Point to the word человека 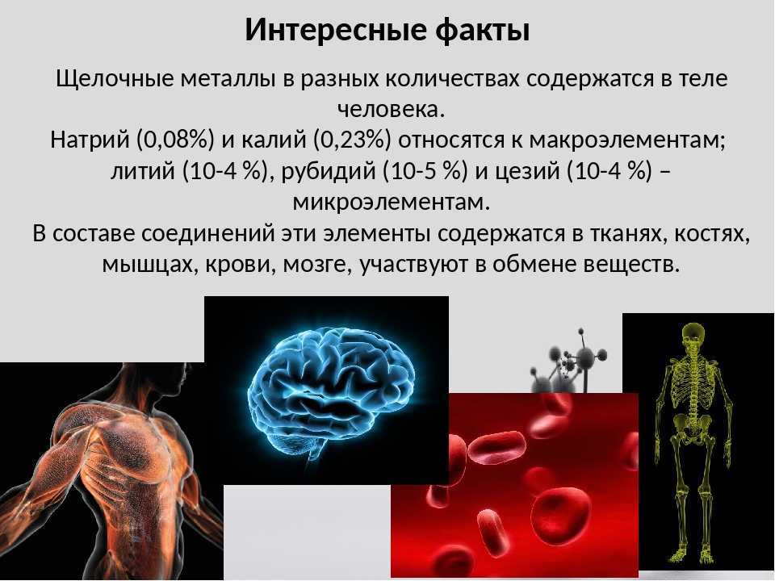pyautogui.click(x=391, y=109)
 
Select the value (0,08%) pyautogui.click(x=174, y=140)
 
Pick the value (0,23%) pyautogui.click(x=351, y=140)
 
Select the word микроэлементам pyautogui.click(x=392, y=203)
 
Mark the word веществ pyautogui.click(x=632, y=265)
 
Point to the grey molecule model pyautogui.click(x=569, y=362)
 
